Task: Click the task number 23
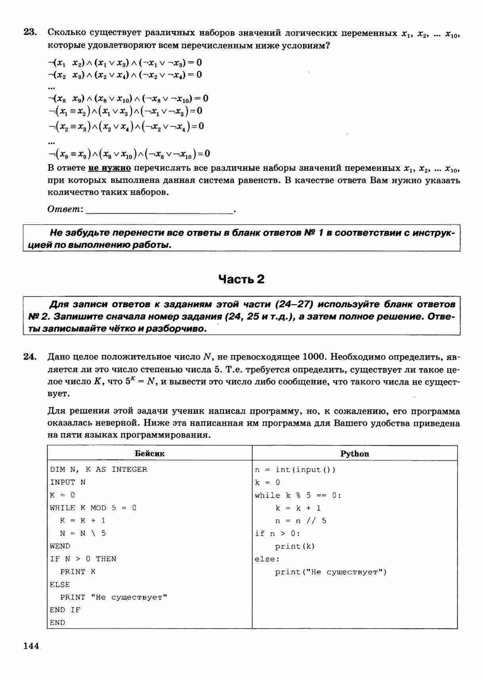pos(30,32)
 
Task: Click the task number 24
pos(30,357)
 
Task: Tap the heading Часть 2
pos(241,280)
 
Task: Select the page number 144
pos(31,646)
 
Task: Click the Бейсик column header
pos(149,453)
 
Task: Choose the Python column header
pos(354,454)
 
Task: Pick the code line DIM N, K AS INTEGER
pos(98,470)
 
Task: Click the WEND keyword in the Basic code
pos(60,546)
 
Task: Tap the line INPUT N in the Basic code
pos(67,482)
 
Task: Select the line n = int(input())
pos(295,470)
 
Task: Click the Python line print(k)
pos(295,547)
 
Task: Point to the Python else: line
pos(267,559)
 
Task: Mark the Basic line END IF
pos(65,610)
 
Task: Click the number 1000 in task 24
pos(313,357)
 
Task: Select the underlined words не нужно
pos(109,168)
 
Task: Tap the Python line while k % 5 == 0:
pos(298,495)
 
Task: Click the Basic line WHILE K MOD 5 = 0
pos(93,508)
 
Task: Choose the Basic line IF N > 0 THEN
pos(83,559)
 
